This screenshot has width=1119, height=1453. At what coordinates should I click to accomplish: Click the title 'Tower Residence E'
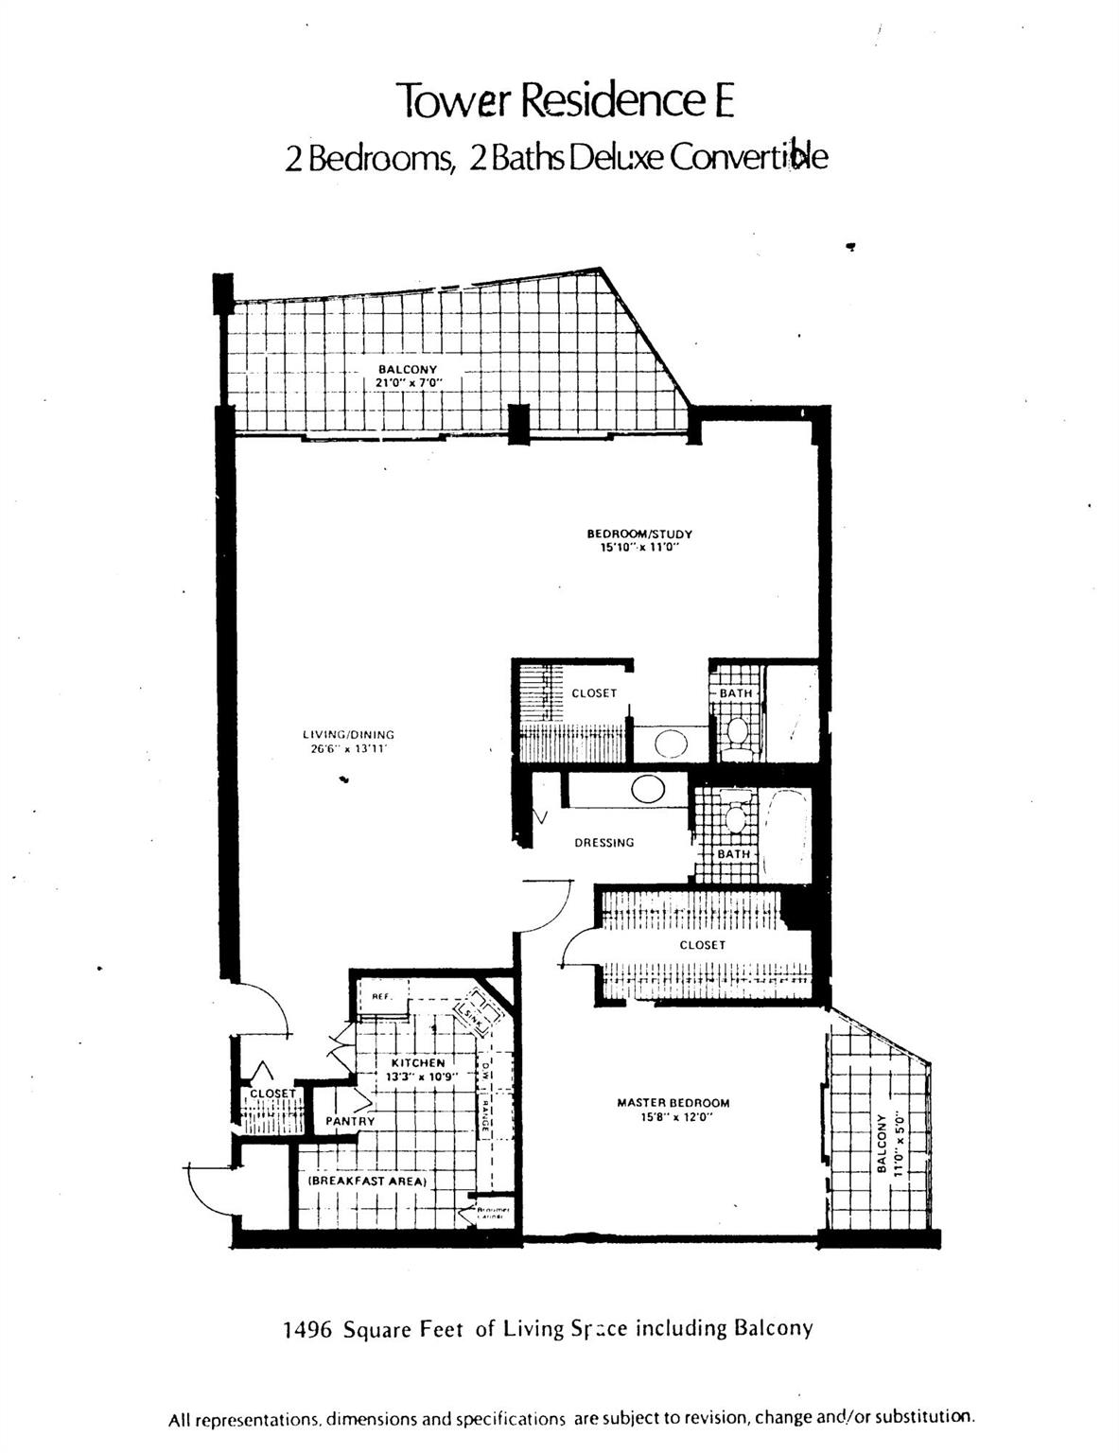[x=565, y=101]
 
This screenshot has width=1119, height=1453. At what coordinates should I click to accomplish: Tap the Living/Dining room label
[x=348, y=734]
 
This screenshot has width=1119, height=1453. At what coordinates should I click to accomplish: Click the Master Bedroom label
[x=673, y=1102]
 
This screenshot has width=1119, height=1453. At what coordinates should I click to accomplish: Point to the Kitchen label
[x=417, y=1062]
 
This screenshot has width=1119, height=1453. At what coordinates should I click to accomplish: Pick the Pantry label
[x=350, y=1121]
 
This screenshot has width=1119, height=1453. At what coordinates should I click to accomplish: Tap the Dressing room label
[x=603, y=842]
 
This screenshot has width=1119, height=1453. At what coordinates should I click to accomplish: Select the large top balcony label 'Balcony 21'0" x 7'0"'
[x=408, y=376]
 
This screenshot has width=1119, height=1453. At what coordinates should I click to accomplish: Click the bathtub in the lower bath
[x=784, y=832]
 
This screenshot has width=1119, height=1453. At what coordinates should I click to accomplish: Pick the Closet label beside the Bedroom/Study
[x=593, y=692]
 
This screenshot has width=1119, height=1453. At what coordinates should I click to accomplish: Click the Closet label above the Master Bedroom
[x=702, y=944]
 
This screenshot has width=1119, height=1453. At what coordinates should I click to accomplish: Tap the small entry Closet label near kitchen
[x=272, y=1093]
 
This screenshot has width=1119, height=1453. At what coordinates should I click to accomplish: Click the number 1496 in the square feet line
[x=307, y=1329]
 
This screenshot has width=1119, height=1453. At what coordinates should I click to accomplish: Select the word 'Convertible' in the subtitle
[x=749, y=157]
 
